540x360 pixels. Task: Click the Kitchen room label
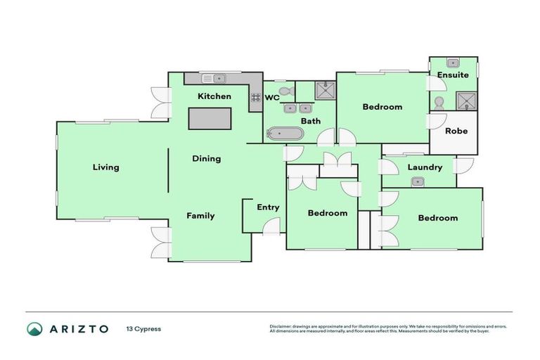pyautogui.click(x=214, y=96)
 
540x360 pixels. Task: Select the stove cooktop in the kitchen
pyautogui.click(x=255, y=98)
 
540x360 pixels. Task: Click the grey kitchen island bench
pyautogui.click(x=210, y=119)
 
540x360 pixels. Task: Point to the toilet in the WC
pyautogui.click(x=285, y=91)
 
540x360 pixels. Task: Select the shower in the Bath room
pyautogui.click(x=324, y=91)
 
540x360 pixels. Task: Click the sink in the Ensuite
pyautogui.click(x=454, y=63)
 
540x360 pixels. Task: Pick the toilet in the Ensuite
pyautogui.click(x=439, y=103)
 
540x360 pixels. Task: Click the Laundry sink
pyautogui.click(x=418, y=181)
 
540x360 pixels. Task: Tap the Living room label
pyautogui.click(x=105, y=167)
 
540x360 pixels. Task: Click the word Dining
pyautogui.click(x=207, y=159)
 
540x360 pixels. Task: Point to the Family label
pyautogui.click(x=200, y=216)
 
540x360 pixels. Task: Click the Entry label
pyautogui.click(x=268, y=207)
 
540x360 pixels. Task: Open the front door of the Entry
pyautogui.click(x=271, y=226)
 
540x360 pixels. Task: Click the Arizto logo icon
pyautogui.click(x=34, y=329)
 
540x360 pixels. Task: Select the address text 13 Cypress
pyautogui.click(x=145, y=329)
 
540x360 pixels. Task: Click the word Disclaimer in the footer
pyautogui.click(x=281, y=327)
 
